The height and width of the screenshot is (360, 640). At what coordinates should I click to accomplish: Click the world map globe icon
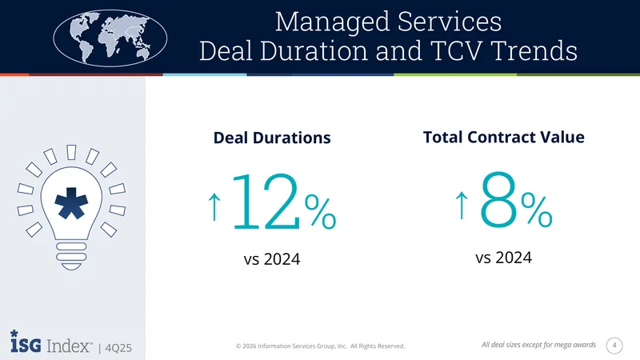pyautogui.click(x=110, y=38)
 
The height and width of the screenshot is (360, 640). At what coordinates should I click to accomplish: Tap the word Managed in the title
pyautogui.click(x=333, y=22)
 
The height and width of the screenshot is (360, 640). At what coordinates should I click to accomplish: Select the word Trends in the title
pyautogui.click(x=534, y=50)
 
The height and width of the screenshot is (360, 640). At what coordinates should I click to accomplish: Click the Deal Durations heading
pyautogui.click(x=272, y=138)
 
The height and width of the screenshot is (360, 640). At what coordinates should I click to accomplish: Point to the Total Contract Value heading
pyautogui.click(x=504, y=137)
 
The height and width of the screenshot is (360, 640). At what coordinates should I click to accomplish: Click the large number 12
pyautogui.click(x=266, y=202)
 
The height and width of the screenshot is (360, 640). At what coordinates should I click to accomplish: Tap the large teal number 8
pyautogui.click(x=498, y=200)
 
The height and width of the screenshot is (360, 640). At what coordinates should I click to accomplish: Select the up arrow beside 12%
pyautogui.click(x=214, y=206)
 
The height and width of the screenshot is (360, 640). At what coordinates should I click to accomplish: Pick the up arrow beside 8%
pyautogui.click(x=462, y=205)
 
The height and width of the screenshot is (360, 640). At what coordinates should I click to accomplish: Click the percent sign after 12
pyautogui.click(x=321, y=211)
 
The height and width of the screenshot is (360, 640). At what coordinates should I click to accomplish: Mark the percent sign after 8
pyautogui.click(x=536, y=210)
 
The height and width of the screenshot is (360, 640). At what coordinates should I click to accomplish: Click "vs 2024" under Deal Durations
pyautogui.click(x=272, y=259)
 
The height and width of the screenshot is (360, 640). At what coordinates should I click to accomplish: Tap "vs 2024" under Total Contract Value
pyautogui.click(x=504, y=258)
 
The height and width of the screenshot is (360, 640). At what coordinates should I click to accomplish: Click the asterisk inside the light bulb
pyautogui.click(x=71, y=203)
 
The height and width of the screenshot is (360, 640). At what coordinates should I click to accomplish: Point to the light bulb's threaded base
pyautogui.click(x=71, y=256)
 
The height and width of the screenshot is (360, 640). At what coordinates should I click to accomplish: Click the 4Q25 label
pyautogui.click(x=118, y=348)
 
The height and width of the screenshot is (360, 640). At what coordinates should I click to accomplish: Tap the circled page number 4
pyautogui.click(x=614, y=346)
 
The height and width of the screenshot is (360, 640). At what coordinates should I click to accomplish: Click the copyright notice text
pyautogui.click(x=321, y=346)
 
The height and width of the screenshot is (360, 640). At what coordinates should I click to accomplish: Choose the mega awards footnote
pyautogui.click(x=538, y=345)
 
